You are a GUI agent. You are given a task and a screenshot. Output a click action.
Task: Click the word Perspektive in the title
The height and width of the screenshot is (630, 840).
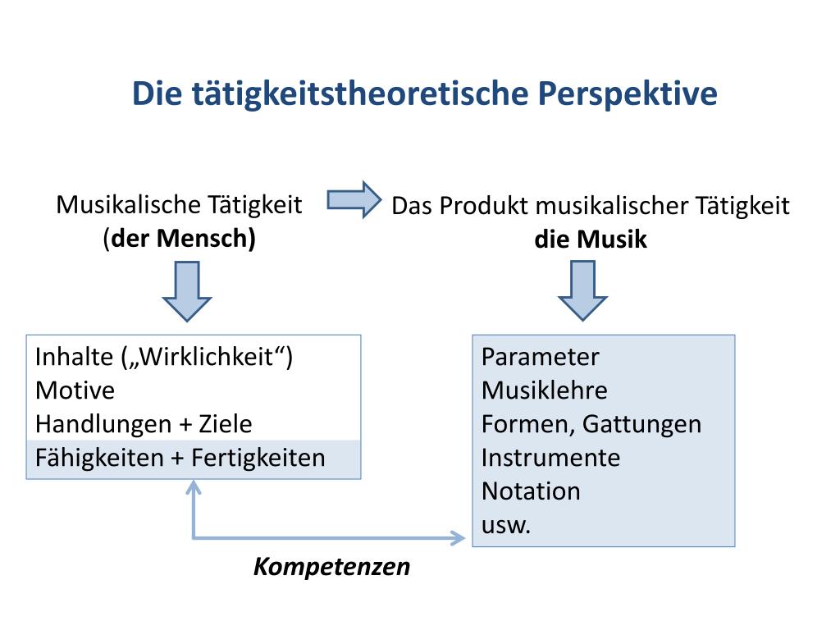click(628, 94)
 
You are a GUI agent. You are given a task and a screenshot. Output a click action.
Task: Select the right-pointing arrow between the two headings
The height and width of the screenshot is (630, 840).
click(354, 199)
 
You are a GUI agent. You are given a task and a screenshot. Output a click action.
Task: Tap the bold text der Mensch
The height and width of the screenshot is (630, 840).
click(182, 238)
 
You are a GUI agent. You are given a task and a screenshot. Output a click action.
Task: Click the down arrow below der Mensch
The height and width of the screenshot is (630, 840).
click(187, 290)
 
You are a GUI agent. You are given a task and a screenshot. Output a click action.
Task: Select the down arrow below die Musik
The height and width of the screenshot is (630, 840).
click(582, 290)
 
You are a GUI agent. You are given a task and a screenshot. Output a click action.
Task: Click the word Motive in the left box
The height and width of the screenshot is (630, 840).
click(75, 390)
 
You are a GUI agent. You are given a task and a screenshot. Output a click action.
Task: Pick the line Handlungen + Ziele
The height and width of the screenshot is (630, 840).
click(144, 424)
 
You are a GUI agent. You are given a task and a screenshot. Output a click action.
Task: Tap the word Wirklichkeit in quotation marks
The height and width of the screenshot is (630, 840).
click(208, 357)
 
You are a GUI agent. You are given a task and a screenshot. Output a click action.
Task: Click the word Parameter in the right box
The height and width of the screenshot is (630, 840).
click(540, 357)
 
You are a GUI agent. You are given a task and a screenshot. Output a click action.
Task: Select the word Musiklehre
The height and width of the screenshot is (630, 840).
click(544, 390)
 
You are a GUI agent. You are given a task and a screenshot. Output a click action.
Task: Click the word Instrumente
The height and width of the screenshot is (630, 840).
click(550, 458)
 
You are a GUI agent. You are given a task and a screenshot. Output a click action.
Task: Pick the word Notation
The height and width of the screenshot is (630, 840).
click(531, 491)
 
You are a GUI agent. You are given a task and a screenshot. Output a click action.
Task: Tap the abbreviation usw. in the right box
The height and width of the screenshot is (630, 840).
click(506, 525)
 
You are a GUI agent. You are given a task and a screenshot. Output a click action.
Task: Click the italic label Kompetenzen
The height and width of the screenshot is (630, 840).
click(331, 567)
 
